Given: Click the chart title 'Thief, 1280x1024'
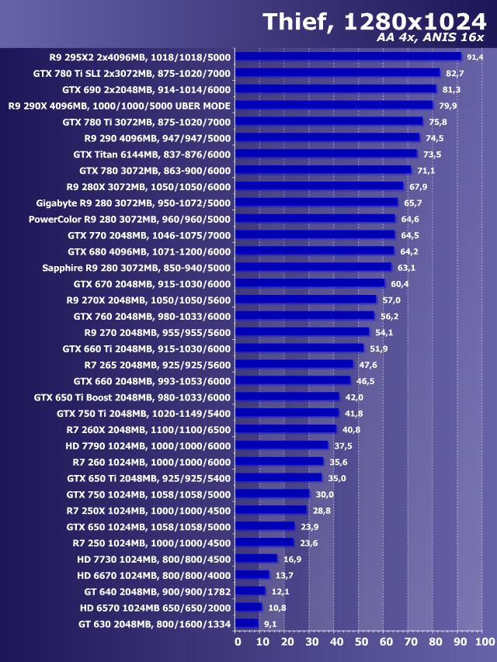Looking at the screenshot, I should point(374,21).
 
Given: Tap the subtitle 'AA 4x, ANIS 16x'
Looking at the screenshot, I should point(430,37).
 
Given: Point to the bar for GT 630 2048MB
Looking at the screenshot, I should point(246,623).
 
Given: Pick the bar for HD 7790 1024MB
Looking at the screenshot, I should point(281,445).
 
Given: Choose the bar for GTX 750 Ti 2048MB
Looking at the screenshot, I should point(287,413).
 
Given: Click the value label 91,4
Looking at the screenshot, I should point(475,57).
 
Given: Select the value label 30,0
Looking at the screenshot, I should point(325,494).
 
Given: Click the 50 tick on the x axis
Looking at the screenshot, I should point(360,642).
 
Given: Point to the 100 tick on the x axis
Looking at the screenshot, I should point(483,642).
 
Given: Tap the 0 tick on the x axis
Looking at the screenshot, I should point(238,642).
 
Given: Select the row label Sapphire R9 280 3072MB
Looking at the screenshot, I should point(137,268).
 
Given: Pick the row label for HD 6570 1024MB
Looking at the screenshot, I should point(155,608).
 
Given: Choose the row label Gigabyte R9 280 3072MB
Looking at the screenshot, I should point(134,203).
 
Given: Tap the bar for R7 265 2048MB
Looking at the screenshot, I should point(294,365).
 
